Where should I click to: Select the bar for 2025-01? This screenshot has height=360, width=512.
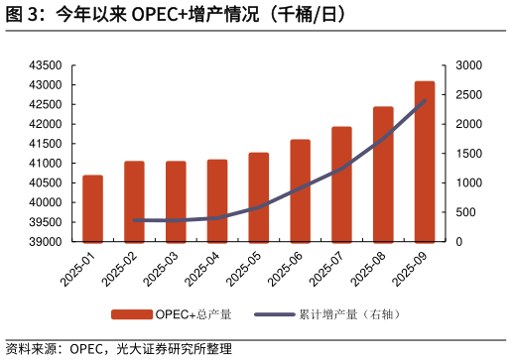coord(92,208)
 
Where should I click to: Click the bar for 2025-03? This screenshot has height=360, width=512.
coord(176,201)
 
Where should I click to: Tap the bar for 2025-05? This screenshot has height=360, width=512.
coord(258,197)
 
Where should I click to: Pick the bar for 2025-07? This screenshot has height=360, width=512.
coord(341,184)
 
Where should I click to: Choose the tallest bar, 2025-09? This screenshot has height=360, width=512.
coord(425,162)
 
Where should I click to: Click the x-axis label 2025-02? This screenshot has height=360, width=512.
coord(119,268)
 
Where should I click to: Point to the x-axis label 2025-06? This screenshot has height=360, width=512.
coord(285,268)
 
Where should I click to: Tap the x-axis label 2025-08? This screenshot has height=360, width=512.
coord(368,268)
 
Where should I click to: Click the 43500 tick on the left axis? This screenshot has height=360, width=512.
coord(46,65)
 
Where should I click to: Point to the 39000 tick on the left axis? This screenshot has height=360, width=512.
coord(46,242)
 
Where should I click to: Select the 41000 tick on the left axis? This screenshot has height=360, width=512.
coord(46,164)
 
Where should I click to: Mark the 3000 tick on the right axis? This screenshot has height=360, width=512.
coord(469,65)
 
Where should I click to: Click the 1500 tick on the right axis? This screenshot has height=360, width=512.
coord(469,154)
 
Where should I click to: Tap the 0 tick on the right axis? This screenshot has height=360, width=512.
coord(458,242)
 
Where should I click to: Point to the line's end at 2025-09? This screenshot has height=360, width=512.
coord(425,100)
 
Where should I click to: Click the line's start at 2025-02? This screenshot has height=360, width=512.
coord(134,220)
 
